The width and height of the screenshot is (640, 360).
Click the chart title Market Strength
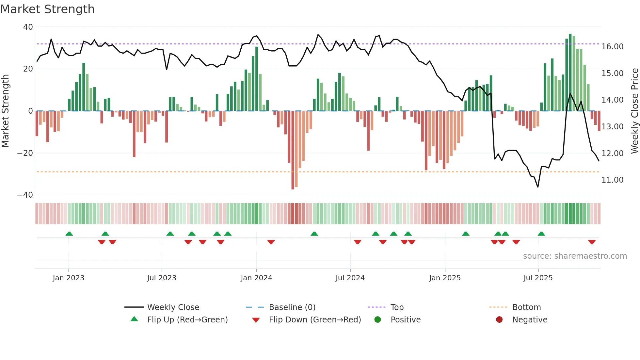tap(47, 9)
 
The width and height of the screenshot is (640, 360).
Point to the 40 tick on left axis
tap(28, 27)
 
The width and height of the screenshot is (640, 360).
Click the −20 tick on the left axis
tap(25, 153)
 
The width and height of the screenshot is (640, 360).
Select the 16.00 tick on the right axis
tap(612, 47)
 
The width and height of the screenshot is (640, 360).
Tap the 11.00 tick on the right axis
tap(612, 180)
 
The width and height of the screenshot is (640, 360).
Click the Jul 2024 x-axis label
tap(350, 278)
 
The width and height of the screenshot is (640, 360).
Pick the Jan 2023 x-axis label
tap(69, 278)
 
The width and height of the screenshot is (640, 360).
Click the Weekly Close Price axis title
tap(634, 111)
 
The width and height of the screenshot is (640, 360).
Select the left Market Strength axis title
tap(6, 111)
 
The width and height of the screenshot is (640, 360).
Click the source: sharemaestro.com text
tap(575, 256)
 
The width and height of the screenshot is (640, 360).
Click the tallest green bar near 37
tap(570, 72)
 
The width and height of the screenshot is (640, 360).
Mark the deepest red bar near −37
tap(293, 150)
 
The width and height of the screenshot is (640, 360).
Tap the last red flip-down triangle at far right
tap(592, 242)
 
